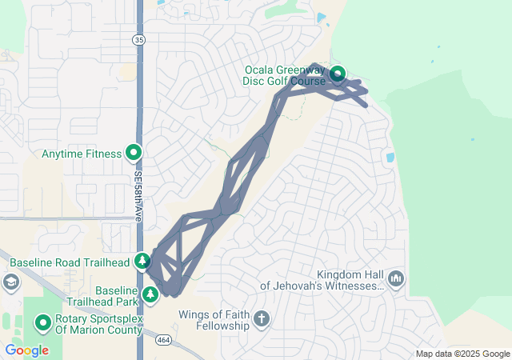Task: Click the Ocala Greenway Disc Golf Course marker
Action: (x=338, y=75)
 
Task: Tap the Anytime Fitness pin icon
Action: (x=134, y=152)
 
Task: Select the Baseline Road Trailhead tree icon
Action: (x=142, y=261)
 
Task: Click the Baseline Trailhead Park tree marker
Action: (x=150, y=295)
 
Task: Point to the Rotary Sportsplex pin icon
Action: (x=42, y=323)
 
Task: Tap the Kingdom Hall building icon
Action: (x=395, y=278)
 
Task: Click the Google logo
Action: (x=26, y=350)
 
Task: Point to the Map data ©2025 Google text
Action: (x=462, y=354)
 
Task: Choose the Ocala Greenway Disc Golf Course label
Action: (x=286, y=75)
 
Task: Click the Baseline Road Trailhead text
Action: (x=69, y=262)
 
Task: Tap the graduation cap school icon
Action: (x=10, y=282)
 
